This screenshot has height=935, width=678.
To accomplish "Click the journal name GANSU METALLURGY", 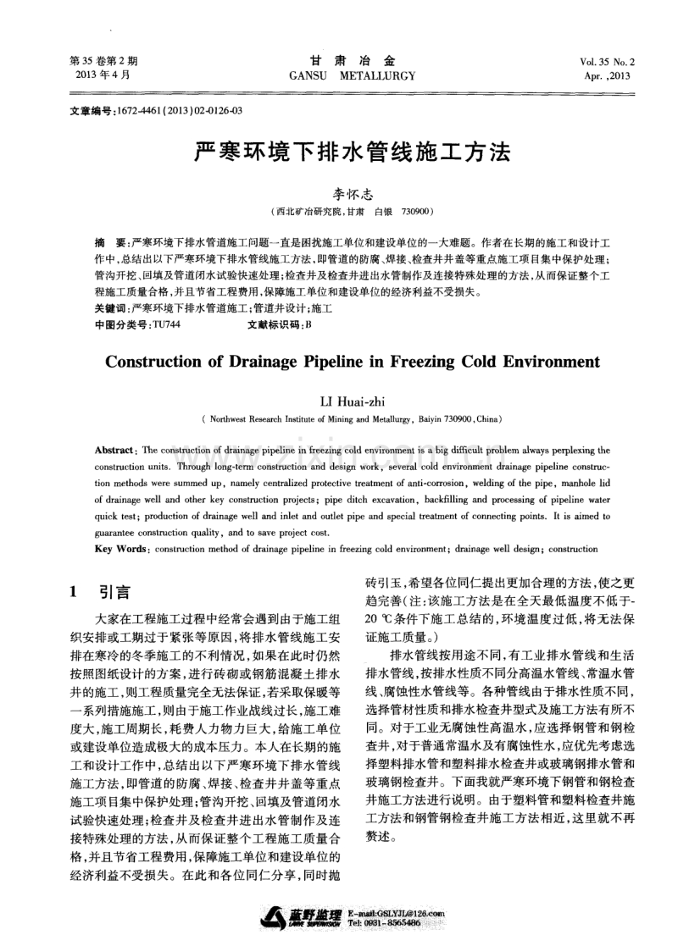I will coord(353,75).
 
